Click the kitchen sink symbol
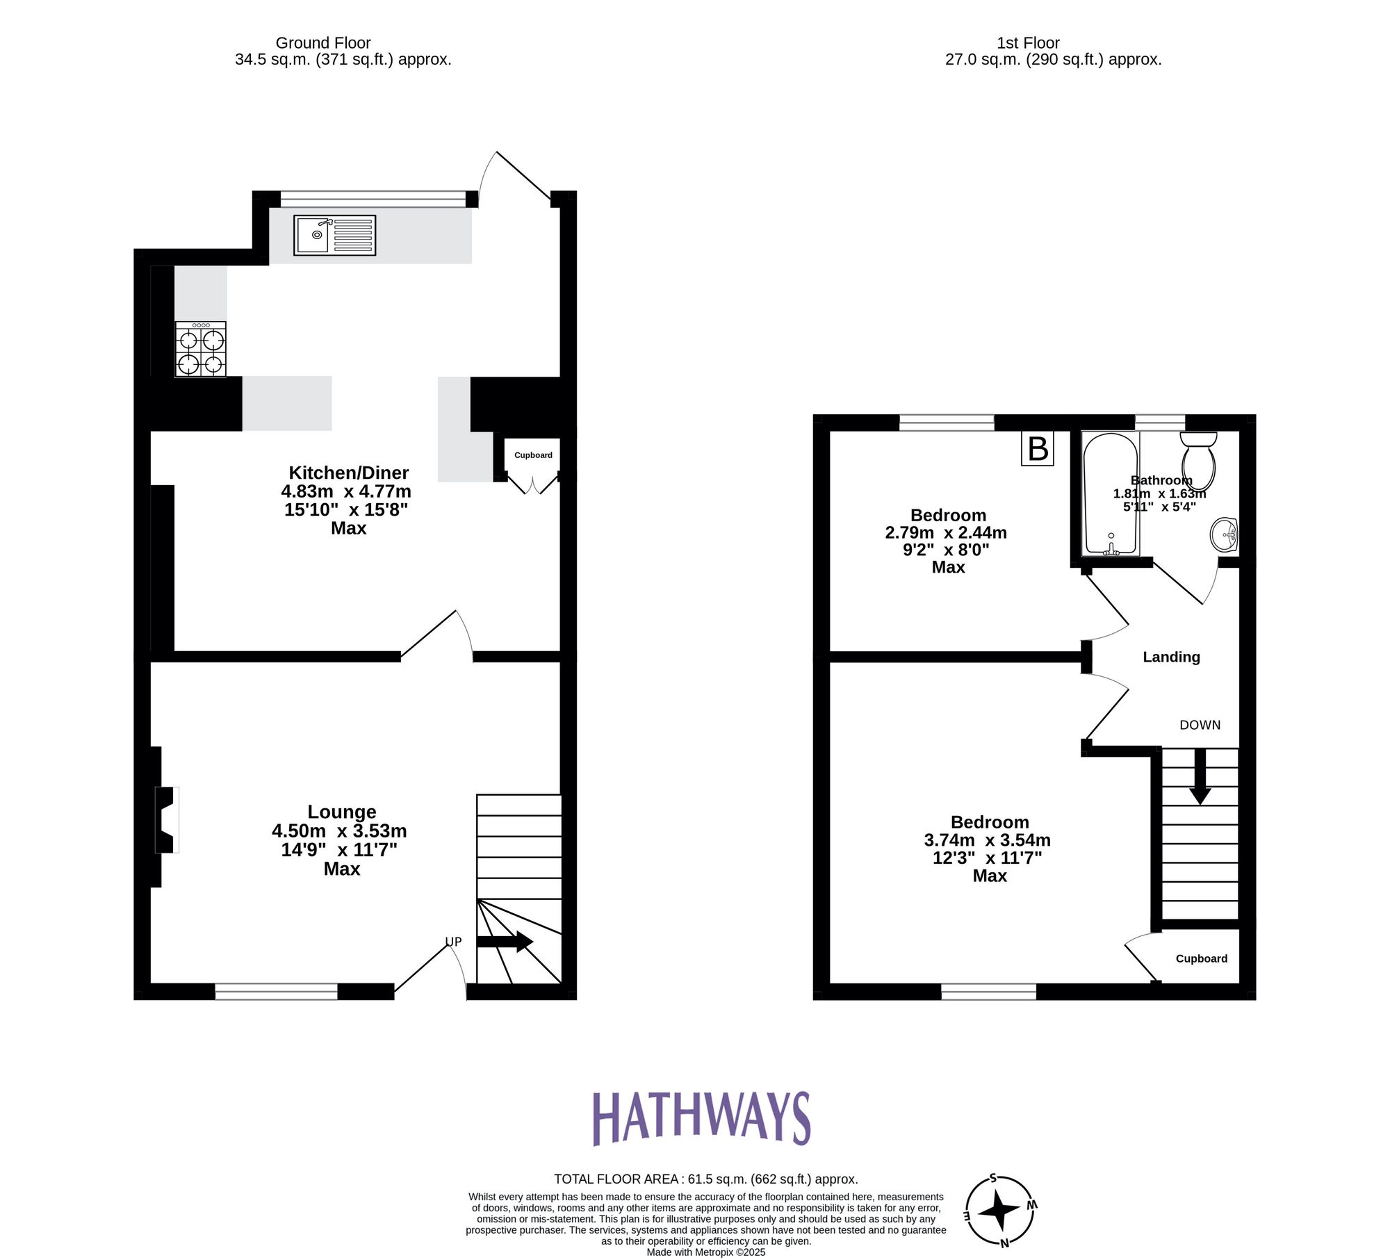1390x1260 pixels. click(334, 235)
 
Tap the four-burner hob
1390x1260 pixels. click(200, 350)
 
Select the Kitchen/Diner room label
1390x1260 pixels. click(348, 473)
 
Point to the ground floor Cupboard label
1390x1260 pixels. click(533, 455)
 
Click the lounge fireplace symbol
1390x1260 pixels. click(165, 819)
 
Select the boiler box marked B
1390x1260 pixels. click(1037, 449)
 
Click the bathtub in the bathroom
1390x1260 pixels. click(1110, 493)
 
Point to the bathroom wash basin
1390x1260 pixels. click(1224, 535)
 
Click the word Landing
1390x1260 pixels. click(1171, 657)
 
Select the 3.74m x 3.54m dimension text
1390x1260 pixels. click(987, 840)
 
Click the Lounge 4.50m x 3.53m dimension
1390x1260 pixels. click(339, 831)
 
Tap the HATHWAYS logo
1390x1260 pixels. click(701, 1118)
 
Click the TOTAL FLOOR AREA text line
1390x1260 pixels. click(705, 1179)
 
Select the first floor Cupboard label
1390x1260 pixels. click(1201, 958)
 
